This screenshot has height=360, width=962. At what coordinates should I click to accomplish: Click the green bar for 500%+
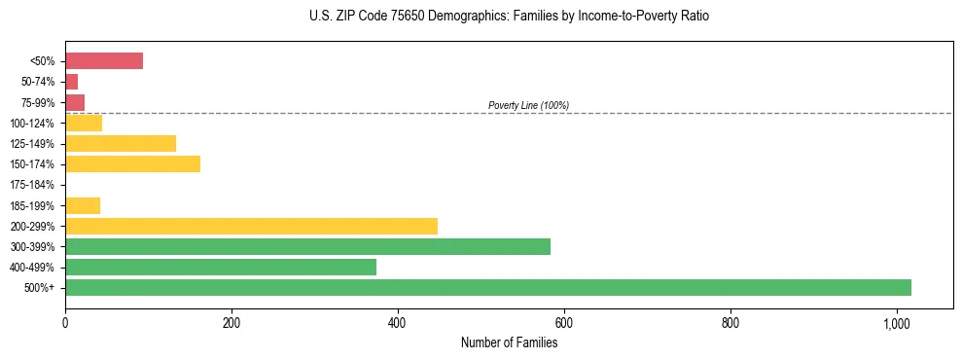pos(487,287)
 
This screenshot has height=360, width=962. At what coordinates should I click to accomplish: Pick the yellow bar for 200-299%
pos(251,226)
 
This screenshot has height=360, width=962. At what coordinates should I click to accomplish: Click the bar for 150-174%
pos(132,164)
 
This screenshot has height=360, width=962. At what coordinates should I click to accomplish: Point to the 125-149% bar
pos(121,144)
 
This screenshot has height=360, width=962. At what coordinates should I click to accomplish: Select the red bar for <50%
pos(104,61)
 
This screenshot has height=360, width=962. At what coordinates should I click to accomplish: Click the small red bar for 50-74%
pos(71,82)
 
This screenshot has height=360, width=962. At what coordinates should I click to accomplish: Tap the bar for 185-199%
pos(83,205)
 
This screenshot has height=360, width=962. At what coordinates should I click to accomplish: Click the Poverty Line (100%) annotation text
pos(528,105)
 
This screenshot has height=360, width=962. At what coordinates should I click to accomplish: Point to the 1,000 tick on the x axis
pos(897,323)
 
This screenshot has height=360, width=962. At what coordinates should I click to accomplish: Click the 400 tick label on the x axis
pos(398,323)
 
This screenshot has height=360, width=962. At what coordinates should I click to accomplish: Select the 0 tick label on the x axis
pos(65,323)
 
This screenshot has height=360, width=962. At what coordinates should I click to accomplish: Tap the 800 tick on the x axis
pos(730,323)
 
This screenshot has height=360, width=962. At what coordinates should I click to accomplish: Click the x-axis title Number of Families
pos(509,342)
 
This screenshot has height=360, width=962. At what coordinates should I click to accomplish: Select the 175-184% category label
pos(32,185)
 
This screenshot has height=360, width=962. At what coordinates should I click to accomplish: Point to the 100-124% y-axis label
pos(32,124)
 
